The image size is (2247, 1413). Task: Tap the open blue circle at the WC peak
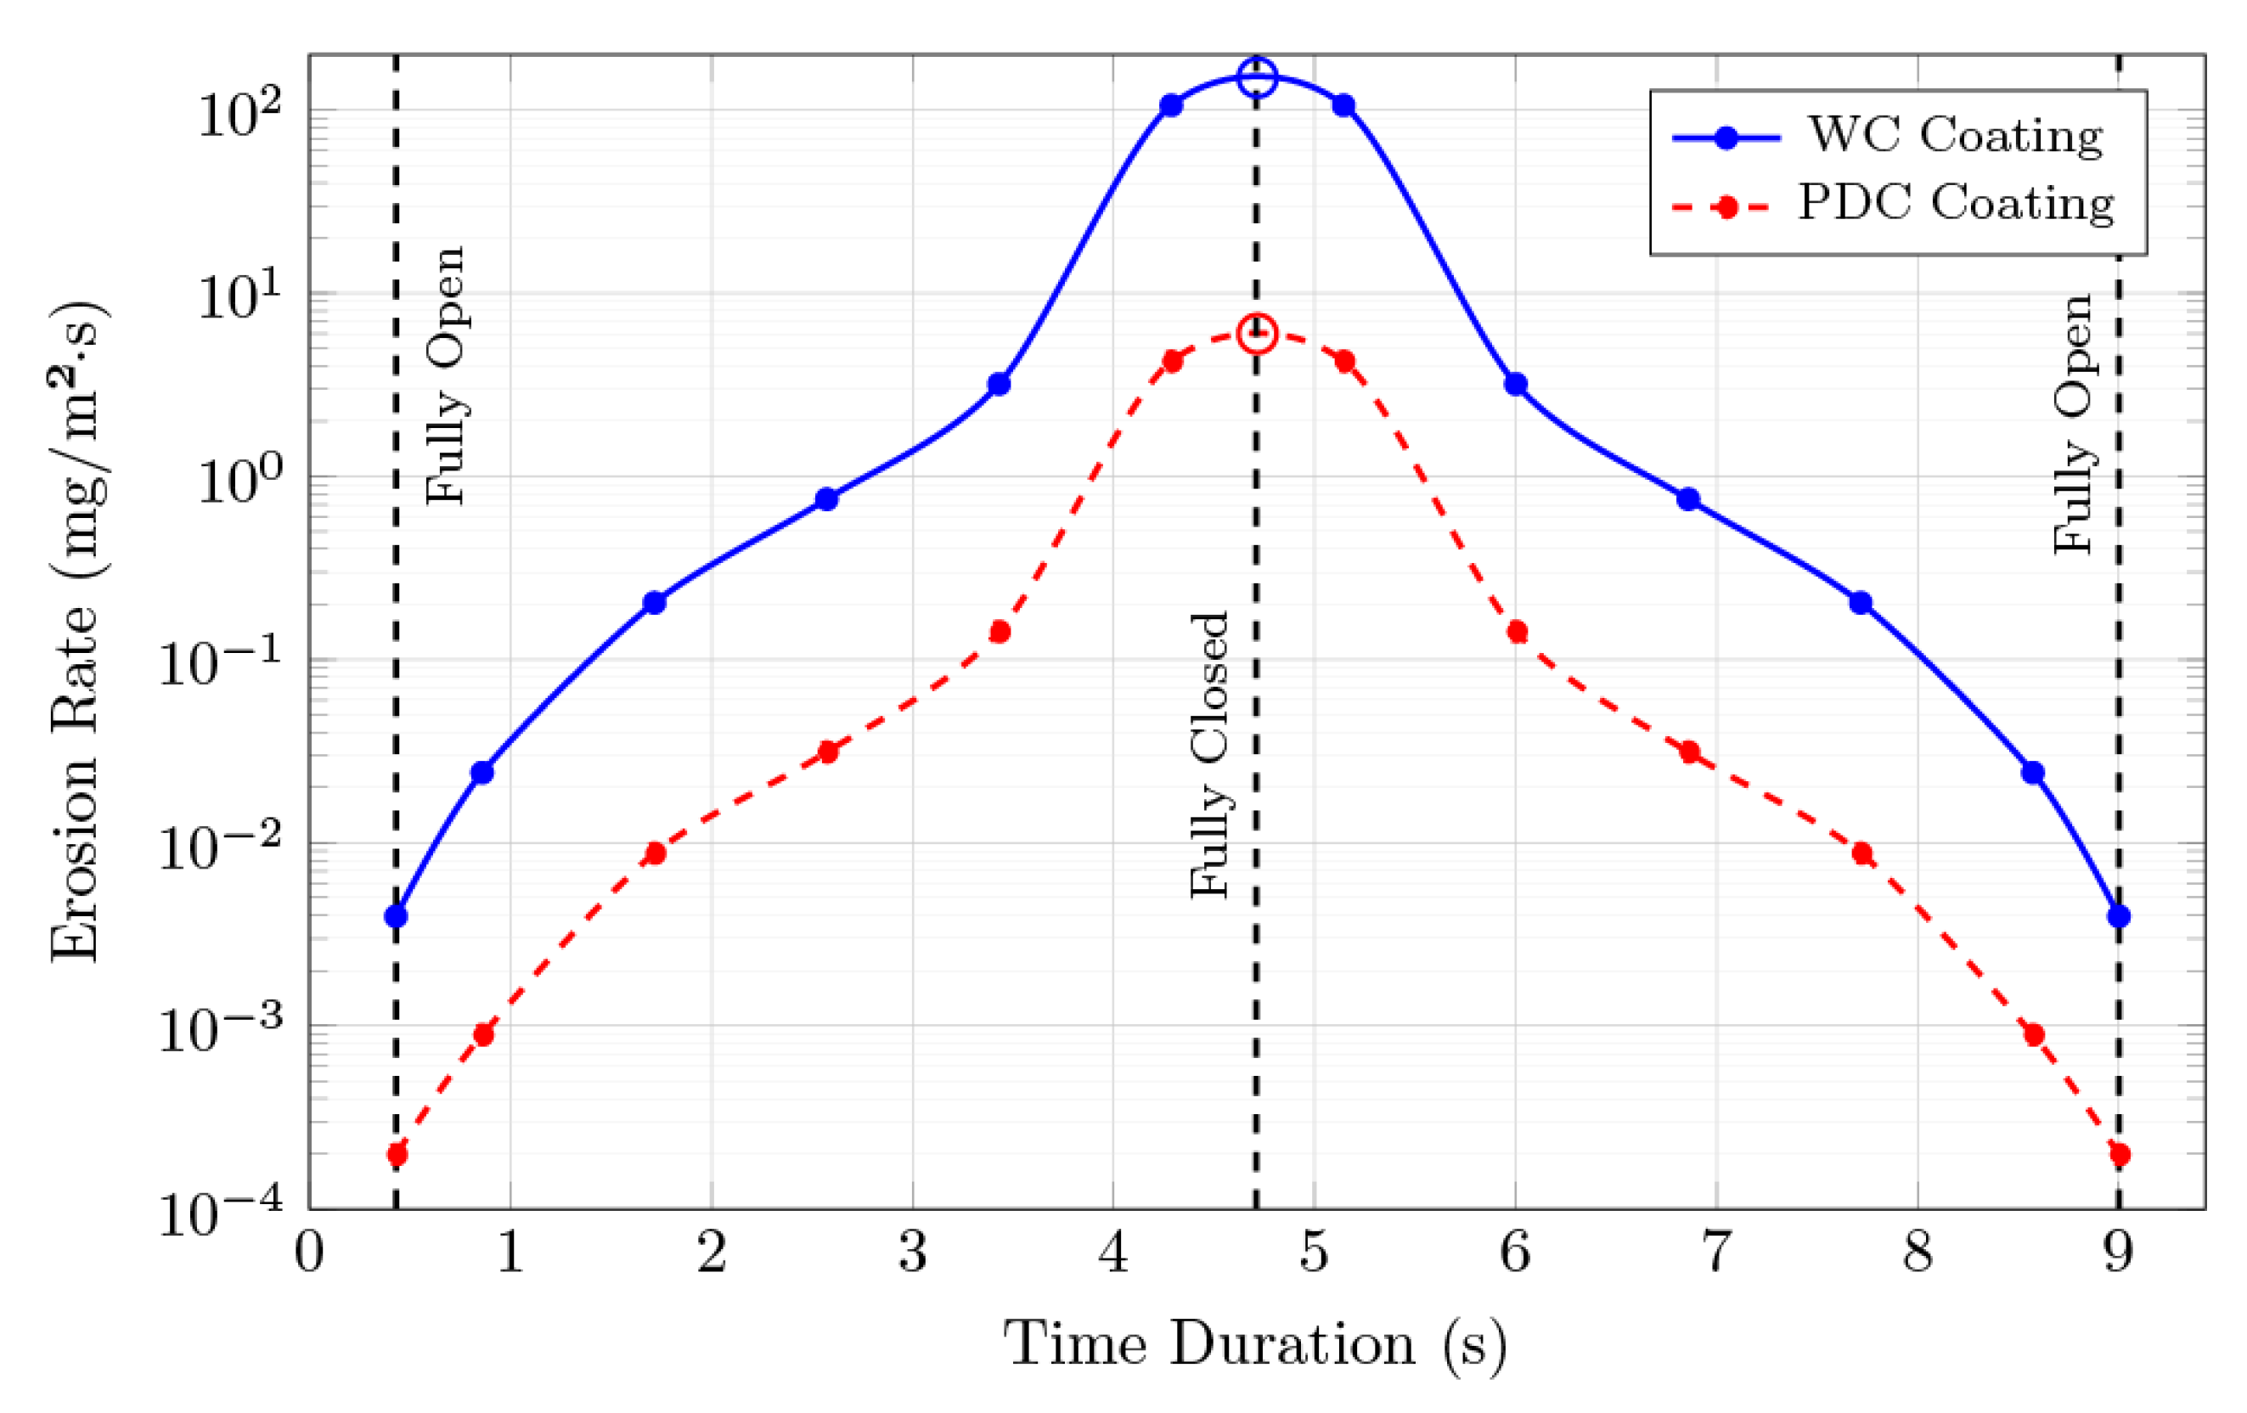(1257, 77)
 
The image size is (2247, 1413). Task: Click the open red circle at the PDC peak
(1257, 334)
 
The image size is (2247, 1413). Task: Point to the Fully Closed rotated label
(1209, 756)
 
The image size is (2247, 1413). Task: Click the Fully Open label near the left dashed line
(445, 376)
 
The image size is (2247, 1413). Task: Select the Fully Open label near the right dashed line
(2073, 425)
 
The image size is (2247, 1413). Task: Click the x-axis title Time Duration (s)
(1255, 1345)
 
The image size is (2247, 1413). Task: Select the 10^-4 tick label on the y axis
(221, 1214)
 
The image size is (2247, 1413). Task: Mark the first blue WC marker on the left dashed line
(396, 915)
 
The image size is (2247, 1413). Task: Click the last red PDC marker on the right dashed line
(2118, 1155)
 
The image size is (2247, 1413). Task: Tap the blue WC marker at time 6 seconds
(1516, 384)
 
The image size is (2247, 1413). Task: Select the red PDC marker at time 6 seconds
(1517, 632)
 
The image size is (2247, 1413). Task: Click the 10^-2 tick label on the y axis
(221, 847)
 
